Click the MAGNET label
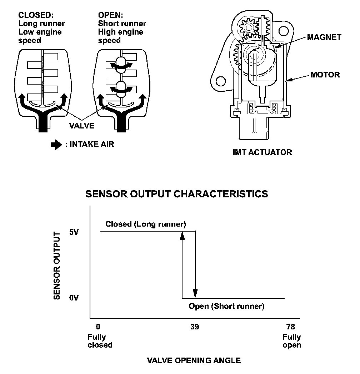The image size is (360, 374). [x=324, y=37]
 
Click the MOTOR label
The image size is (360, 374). [x=325, y=75]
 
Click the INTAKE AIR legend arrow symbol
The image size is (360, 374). [x=56, y=145]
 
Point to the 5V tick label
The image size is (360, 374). [x=74, y=232]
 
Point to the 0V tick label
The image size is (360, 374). [x=74, y=298]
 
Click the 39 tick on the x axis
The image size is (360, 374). [x=195, y=327]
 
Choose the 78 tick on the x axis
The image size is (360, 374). [x=290, y=327]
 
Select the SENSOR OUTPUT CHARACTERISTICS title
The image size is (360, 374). [x=176, y=194]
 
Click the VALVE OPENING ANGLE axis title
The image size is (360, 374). [x=194, y=360]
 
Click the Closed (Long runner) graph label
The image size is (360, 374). [x=146, y=224]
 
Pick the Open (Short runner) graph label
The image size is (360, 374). [x=226, y=306]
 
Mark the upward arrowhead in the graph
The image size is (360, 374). [x=182, y=236]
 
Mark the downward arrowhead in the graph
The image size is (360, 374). [x=195, y=293]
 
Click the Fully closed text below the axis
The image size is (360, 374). [x=100, y=341]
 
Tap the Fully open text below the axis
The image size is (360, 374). [x=292, y=341]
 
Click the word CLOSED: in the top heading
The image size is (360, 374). [x=35, y=15]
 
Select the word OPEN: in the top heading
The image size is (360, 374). [x=110, y=15]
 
